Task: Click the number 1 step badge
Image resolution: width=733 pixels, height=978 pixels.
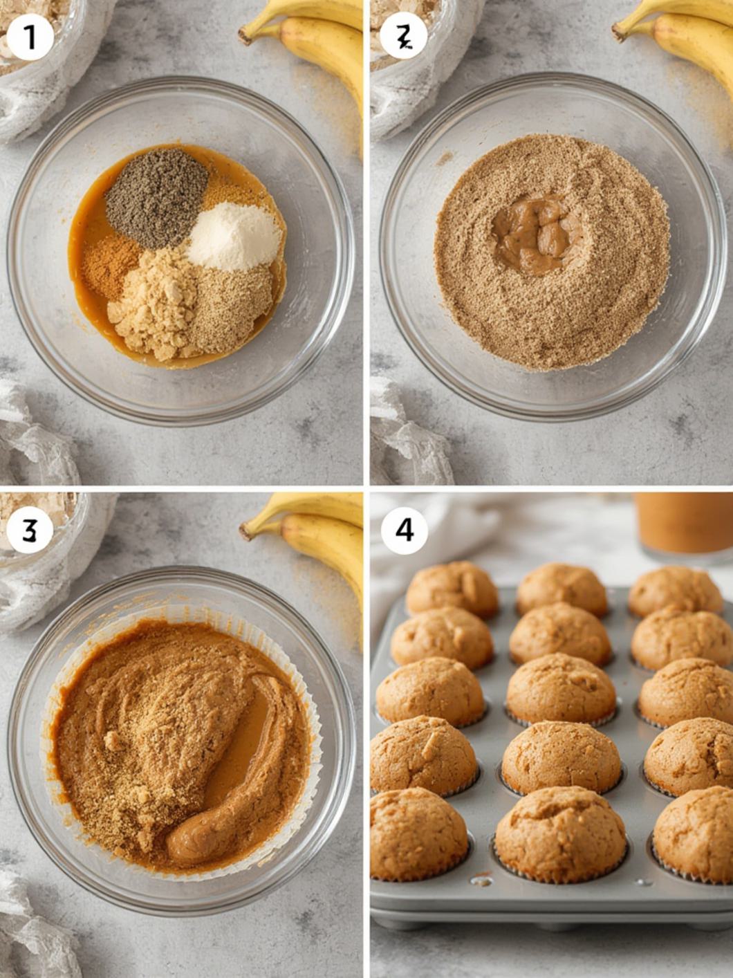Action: click(x=30, y=38)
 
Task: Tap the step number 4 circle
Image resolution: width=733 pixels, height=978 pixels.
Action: click(x=404, y=530)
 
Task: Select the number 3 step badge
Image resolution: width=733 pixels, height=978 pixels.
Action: click(x=29, y=530)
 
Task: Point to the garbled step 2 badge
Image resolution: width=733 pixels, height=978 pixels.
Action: click(x=403, y=38)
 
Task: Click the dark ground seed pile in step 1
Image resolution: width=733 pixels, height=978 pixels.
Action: click(x=156, y=196)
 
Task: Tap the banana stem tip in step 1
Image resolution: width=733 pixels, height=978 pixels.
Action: click(x=245, y=34)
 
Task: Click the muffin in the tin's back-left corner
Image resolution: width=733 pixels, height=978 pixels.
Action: click(x=452, y=588)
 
